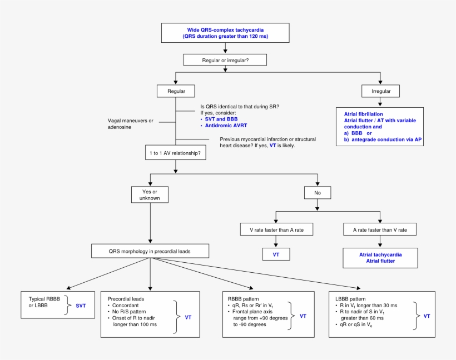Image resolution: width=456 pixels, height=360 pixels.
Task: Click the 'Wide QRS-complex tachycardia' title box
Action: point(225,33)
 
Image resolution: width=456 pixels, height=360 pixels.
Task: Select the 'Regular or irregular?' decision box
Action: point(225,59)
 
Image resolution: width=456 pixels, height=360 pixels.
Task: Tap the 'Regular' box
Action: point(176,91)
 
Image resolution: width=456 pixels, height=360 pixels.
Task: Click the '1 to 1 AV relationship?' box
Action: point(176,152)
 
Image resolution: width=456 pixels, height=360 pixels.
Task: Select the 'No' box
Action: point(317,193)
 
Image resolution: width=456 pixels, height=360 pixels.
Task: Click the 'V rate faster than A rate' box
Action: point(276,229)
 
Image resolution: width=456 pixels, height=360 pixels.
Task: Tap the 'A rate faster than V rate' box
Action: point(380,229)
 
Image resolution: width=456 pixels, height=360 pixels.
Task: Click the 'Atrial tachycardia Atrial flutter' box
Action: point(380,257)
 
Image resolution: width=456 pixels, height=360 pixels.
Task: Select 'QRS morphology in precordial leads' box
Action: point(150,252)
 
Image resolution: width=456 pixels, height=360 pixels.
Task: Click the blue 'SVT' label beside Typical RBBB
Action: point(81,305)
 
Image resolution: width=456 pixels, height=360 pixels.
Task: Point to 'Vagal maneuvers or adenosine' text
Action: point(131,123)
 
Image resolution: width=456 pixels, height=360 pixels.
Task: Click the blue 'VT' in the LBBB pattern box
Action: point(427,316)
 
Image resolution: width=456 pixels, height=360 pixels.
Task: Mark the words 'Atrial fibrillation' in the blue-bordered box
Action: point(363,114)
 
